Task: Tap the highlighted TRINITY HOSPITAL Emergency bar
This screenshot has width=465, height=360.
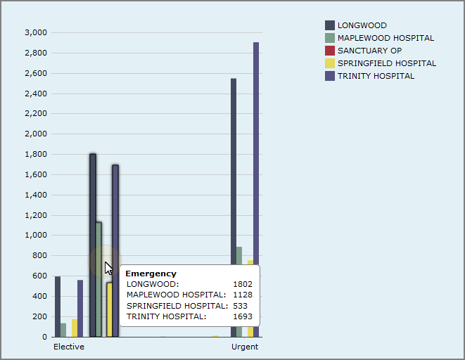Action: click(115, 211)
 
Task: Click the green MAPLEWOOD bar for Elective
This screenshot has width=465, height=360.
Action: click(63, 330)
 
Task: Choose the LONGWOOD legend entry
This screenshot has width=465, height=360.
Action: click(362, 25)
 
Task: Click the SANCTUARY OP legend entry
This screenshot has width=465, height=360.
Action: click(369, 51)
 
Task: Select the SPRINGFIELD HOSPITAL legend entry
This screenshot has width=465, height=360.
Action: click(386, 63)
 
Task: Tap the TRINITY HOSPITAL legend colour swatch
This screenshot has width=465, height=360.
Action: click(330, 76)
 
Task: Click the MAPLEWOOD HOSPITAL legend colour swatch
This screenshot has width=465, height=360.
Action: click(330, 38)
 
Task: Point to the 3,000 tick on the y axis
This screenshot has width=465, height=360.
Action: click(35, 32)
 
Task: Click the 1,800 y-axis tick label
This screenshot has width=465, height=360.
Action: click(35, 154)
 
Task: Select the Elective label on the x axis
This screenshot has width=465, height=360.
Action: click(69, 347)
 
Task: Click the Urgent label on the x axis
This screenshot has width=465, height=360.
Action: click(245, 347)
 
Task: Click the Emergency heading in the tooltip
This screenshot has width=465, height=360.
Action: click(151, 274)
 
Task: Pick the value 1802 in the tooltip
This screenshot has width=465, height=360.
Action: click(243, 284)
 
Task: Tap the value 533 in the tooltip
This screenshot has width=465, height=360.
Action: click(245, 306)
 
